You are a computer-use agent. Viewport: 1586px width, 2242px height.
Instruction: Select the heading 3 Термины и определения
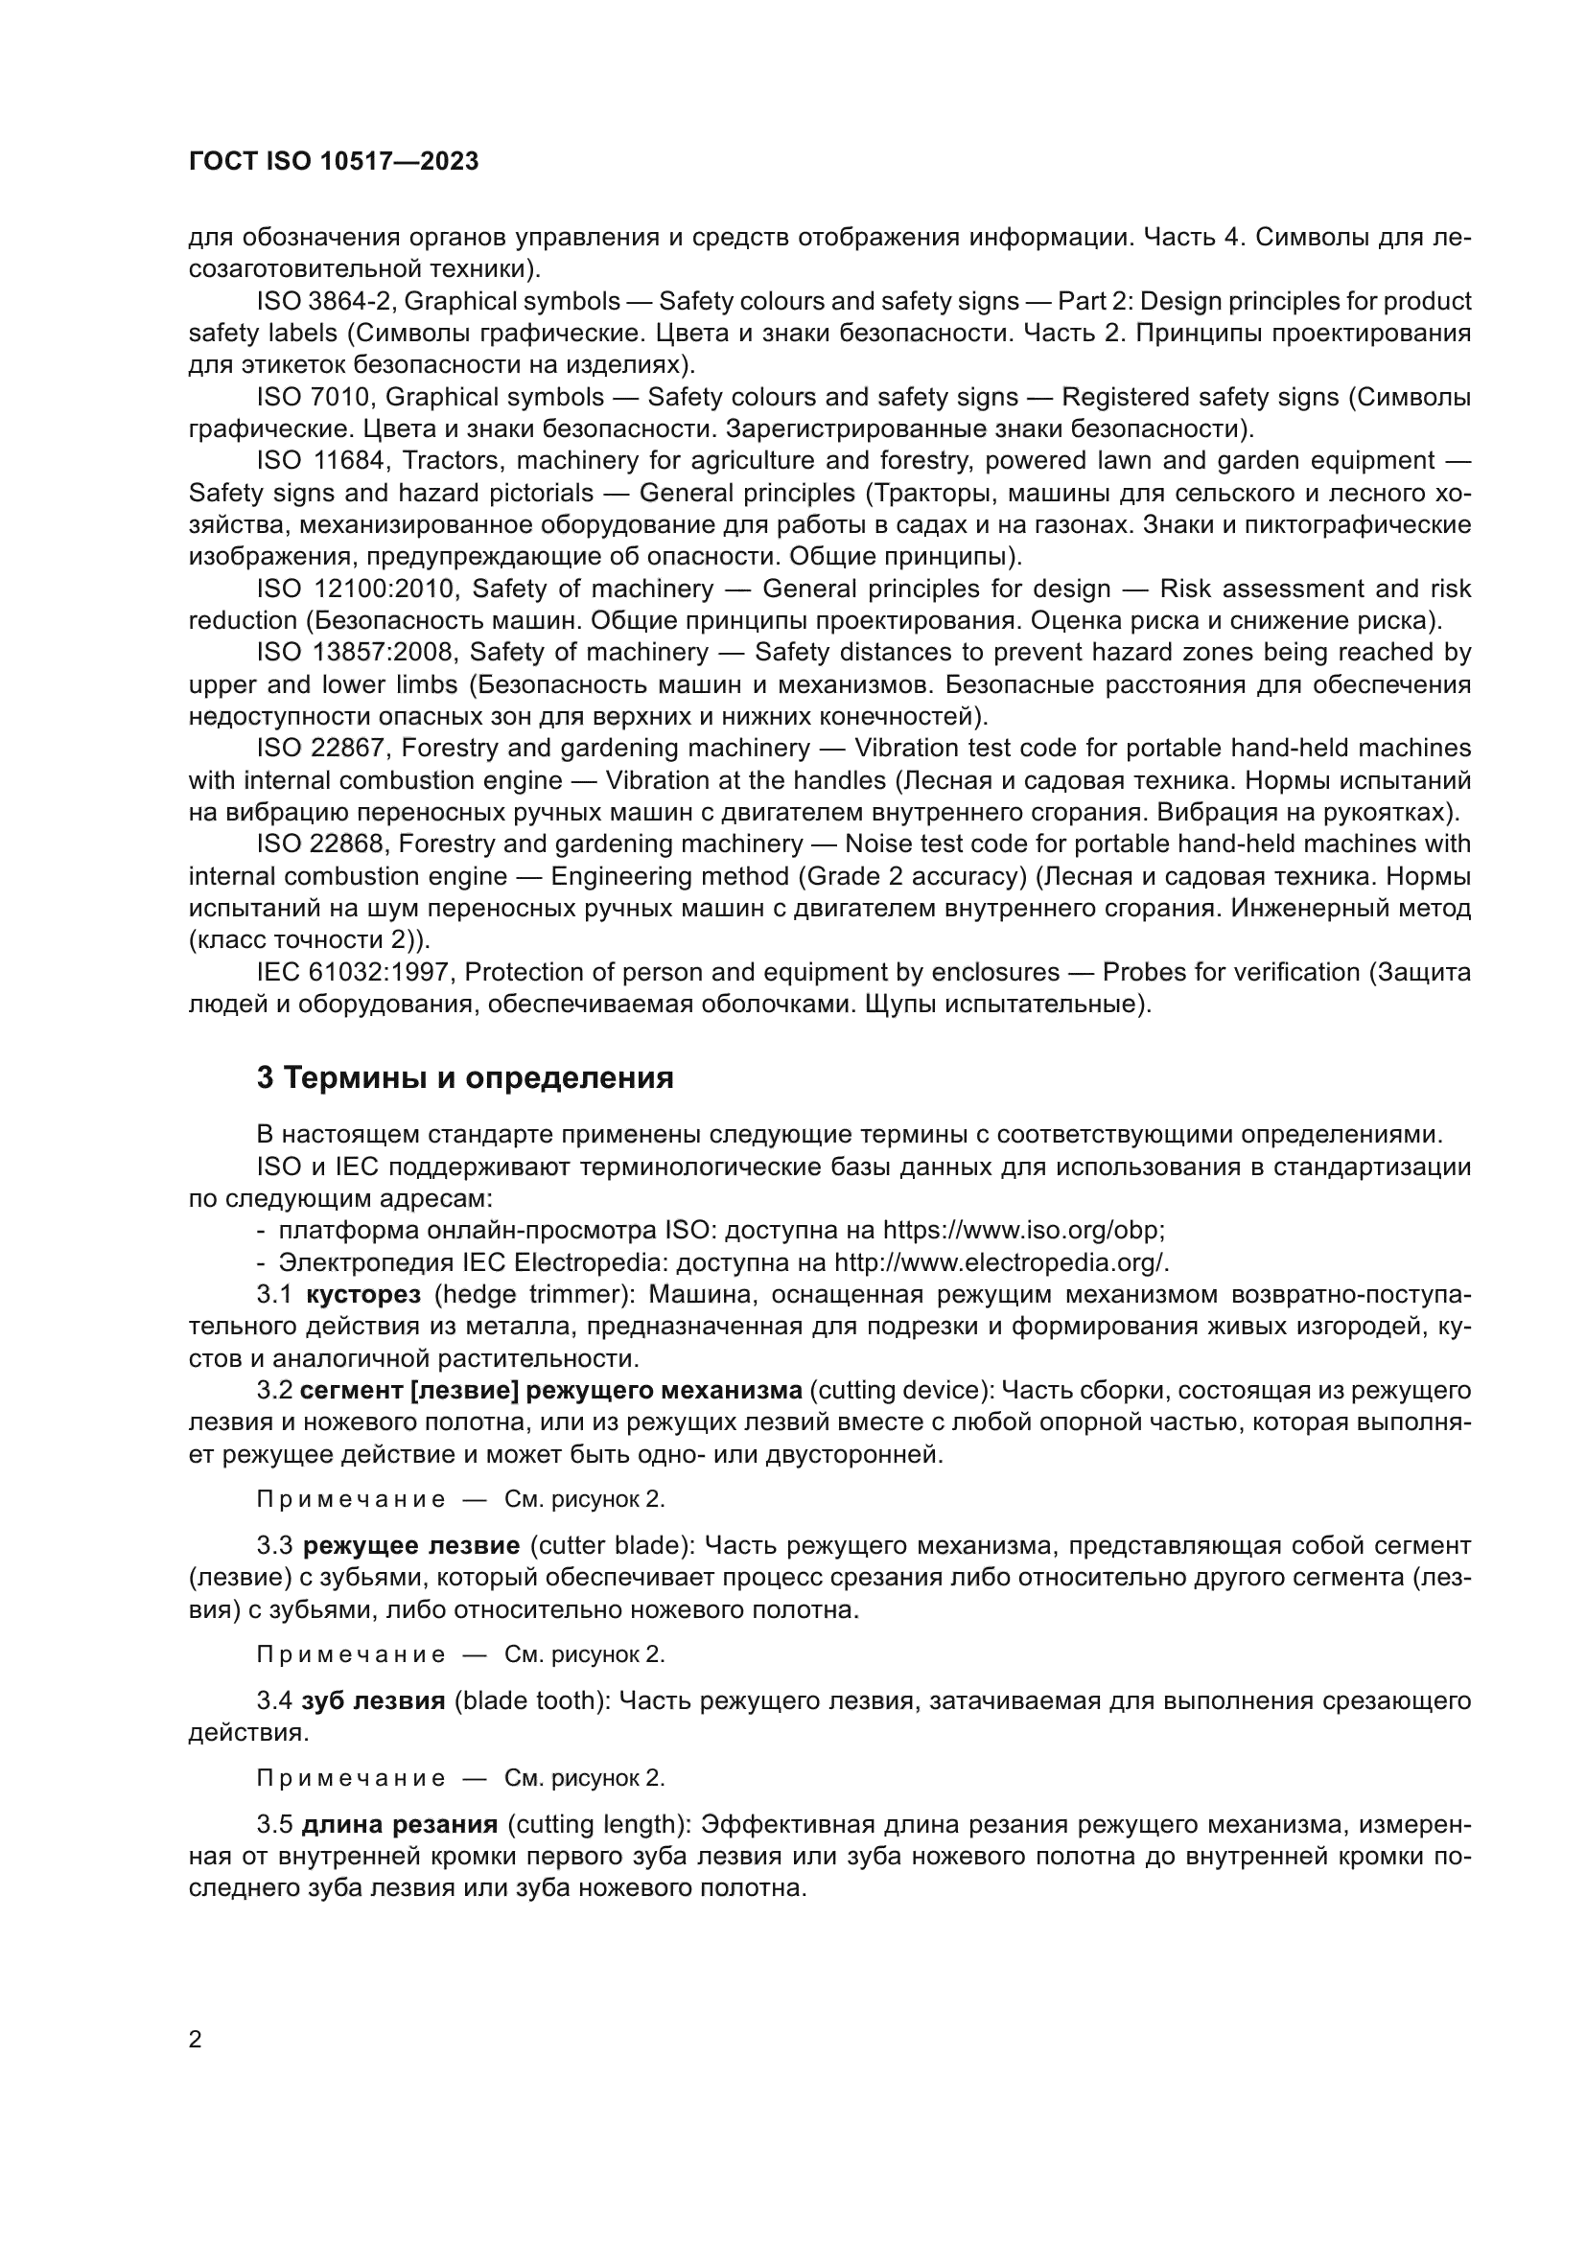[465, 1078]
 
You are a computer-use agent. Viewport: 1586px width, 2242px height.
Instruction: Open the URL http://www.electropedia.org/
[1000, 1262]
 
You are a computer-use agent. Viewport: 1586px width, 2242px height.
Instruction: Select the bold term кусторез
[363, 1295]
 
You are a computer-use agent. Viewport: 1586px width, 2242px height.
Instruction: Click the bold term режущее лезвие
[411, 1546]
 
